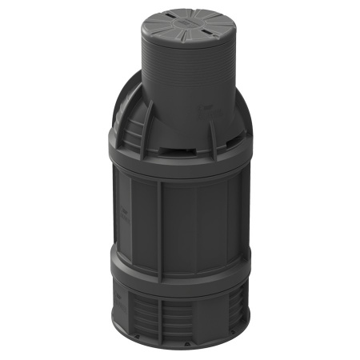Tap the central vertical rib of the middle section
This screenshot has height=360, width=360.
tap(159, 220)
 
